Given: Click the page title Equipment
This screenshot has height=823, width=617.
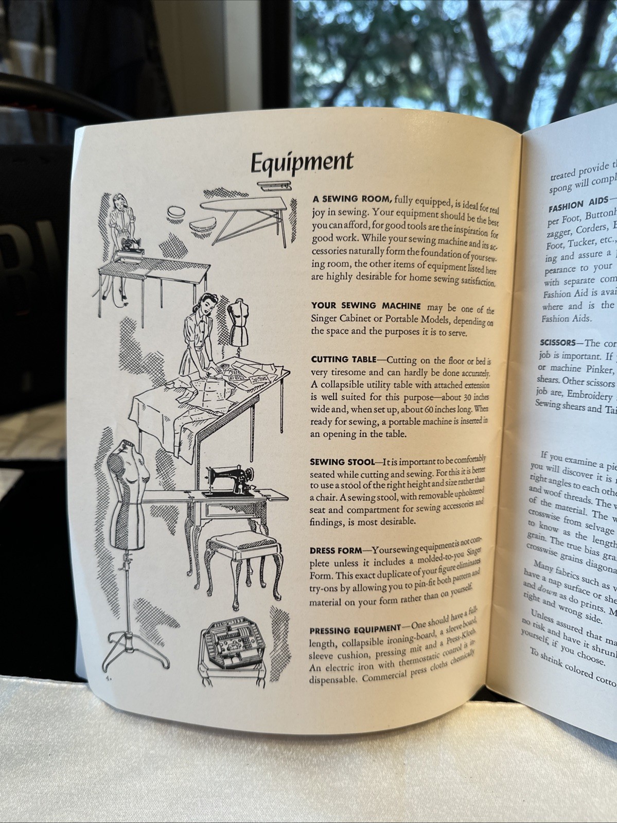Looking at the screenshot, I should tap(302, 162).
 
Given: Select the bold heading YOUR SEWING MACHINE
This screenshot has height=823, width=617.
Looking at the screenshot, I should tap(366, 306).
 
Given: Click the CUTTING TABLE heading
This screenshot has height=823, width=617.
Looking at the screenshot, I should tap(344, 359).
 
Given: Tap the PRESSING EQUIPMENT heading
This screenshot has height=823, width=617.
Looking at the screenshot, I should tap(355, 644).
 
